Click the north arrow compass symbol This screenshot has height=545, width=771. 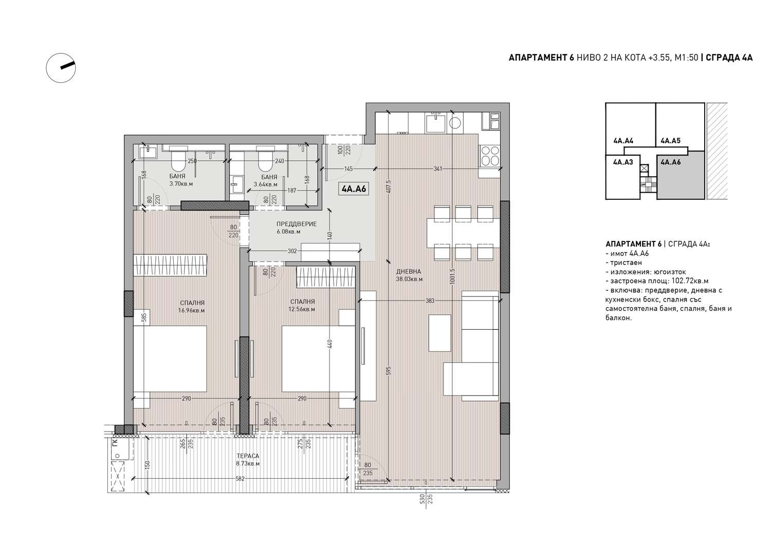[x=61, y=68]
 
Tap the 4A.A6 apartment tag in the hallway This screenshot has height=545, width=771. [x=354, y=189]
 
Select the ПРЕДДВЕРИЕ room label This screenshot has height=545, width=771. [x=297, y=224]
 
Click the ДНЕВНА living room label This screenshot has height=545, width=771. [x=409, y=271]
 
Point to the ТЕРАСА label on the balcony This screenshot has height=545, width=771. [x=248, y=456]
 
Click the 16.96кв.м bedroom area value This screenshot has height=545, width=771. [x=191, y=310]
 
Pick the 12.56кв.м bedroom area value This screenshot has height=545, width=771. [x=302, y=309]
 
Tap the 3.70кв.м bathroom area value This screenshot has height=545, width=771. [x=181, y=184]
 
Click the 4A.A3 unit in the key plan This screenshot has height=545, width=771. [x=622, y=177]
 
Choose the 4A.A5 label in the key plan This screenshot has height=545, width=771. [x=670, y=140]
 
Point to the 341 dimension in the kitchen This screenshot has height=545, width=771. [x=438, y=169]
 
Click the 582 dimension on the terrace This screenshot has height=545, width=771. [x=240, y=479]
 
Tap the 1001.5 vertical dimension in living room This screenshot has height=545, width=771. [x=452, y=276]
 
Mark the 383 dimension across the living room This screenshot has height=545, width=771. [x=430, y=300]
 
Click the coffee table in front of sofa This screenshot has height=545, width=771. [x=440, y=333]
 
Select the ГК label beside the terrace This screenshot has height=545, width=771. [x=115, y=442]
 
